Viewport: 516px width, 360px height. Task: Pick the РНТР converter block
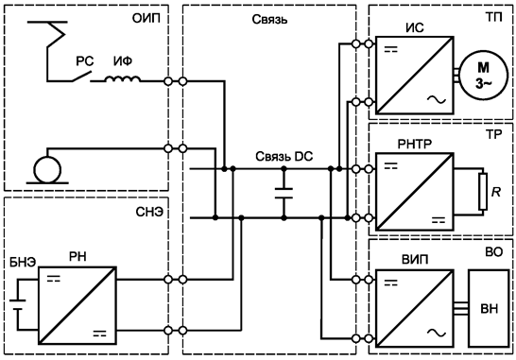[x=413, y=194]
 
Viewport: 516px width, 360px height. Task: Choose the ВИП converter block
[x=413, y=306]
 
